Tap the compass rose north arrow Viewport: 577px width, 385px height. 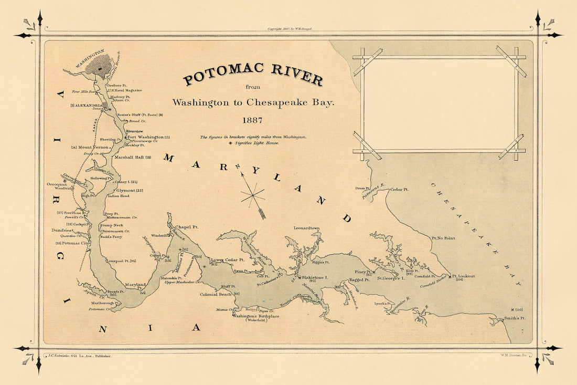coord(253,194)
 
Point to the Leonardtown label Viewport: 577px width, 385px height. coord(309,228)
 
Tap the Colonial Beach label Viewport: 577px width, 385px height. coord(216,294)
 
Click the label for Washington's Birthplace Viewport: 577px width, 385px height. coord(256,317)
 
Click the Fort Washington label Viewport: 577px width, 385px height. coord(146,137)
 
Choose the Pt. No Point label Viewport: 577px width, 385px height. coord(443,238)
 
